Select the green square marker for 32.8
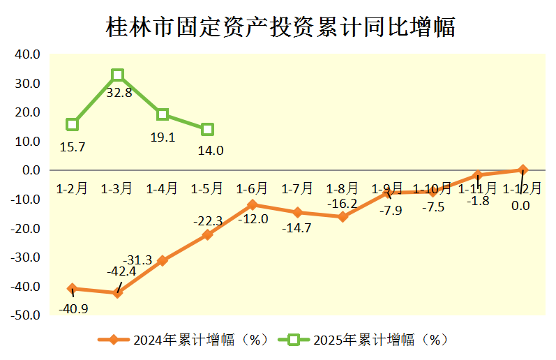(117, 75)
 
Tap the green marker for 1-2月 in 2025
(72, 124)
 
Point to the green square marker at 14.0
(207, 129)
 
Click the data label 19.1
(163, 137)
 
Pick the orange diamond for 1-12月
(523, 170)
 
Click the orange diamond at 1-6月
(252, 204)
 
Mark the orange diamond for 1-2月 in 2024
(72, 288)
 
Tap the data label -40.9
(73, 308)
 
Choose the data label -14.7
(297, 227)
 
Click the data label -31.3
(137, 260)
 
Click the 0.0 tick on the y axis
(30, 170)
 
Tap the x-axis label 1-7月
(297, 188)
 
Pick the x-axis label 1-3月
(117, 188)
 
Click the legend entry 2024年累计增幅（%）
(184, 340)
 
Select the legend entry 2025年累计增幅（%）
(363, 340)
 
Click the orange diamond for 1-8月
(343, 217)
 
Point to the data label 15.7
(72, 147)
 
